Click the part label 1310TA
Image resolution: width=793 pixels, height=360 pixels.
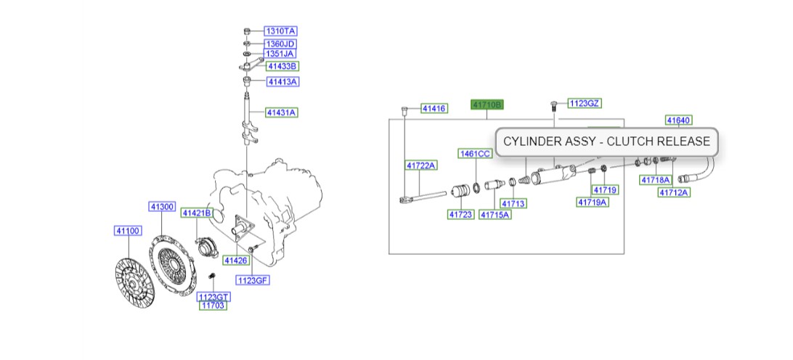[x=280, y=31]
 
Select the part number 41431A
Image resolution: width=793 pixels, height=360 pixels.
[x=282, y=112]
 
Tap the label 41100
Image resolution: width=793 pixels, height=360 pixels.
[x=127, y=231]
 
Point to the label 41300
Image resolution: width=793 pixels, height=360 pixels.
[x=163, y=207]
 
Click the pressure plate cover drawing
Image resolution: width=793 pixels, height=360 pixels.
[x=171, y=258]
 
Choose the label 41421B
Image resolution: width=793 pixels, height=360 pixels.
[x=196, y=213]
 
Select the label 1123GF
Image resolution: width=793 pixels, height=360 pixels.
[x=252, y=280]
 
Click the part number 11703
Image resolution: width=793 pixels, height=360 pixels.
[x=213, y=306]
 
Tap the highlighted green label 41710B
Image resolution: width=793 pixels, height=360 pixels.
[x=487, y=105]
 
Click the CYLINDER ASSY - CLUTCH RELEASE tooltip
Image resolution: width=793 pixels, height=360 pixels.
[x=607, y=142]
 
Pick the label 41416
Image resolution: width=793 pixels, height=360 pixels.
[x=434, y=109]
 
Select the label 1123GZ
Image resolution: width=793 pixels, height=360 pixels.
[x=585, y=104]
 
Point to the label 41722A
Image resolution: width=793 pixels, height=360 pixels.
[x=421, y=165]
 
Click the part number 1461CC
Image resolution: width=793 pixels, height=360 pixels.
[x=474, y=154]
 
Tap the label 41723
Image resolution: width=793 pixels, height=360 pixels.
[x=460, y=214]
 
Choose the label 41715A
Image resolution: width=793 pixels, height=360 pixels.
[x=495, y=214]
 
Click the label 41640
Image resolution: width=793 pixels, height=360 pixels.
[x=678, y=120]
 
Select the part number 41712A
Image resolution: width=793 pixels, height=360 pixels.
[x=674, y=192]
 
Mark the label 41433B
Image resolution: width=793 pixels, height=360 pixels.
[x=282, y=66]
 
